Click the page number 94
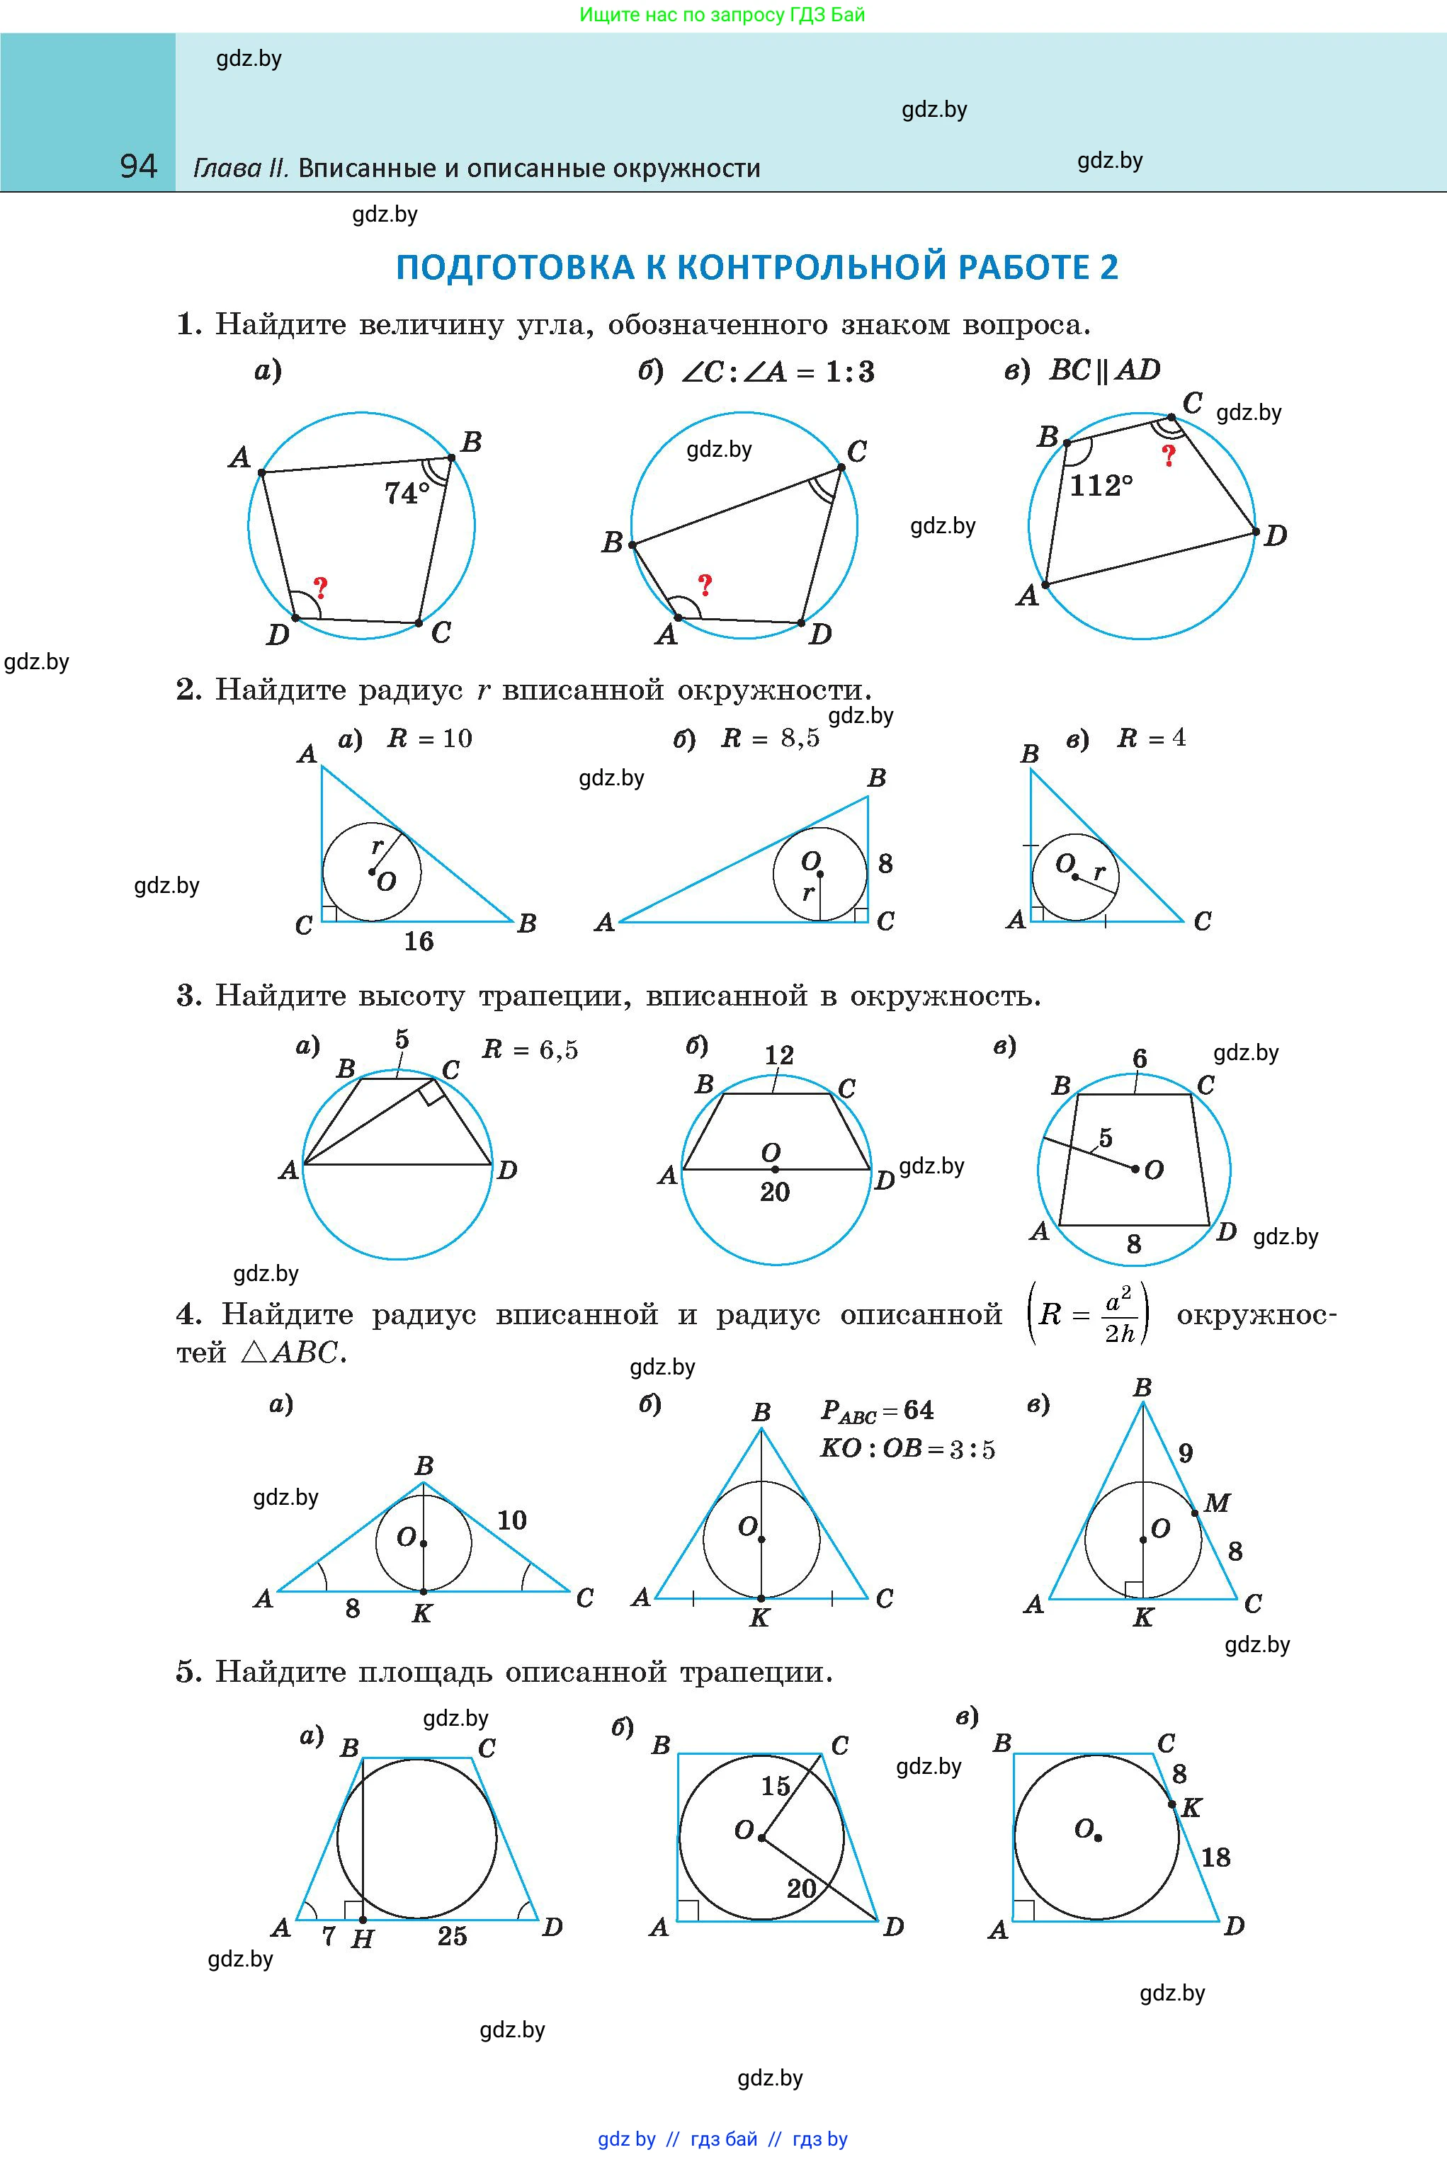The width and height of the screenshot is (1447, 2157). coord(138,166)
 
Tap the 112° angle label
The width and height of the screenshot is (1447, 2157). coord(1101,485)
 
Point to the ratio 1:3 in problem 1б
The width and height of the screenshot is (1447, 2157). coord(849,372)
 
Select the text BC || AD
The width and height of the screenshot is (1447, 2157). coord(1105,370)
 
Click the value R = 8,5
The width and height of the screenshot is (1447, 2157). coord(770,738)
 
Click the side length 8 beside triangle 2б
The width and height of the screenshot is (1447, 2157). coord(885,863)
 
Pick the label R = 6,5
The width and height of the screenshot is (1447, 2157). coord(530,1050)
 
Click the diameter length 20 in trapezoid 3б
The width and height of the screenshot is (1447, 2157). coord(774,1192)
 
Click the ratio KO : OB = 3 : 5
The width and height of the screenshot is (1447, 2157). coord(907,1448)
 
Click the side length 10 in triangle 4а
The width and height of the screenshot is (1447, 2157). coord(511,1520)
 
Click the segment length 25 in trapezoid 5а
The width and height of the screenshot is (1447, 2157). coord(451,1935)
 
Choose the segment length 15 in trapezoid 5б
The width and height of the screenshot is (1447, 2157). coord(775,1785)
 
